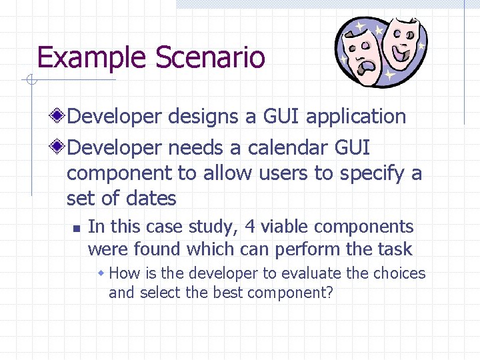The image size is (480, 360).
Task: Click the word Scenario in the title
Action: [210, 58]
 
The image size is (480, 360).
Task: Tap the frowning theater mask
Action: [361, 56]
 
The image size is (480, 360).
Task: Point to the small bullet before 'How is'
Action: [102, 273]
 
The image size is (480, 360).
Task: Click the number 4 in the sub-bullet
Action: [250, 227]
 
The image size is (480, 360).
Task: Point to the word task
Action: [394, 250]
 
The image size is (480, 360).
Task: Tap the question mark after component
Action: [329, 293]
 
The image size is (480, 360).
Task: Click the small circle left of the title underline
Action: [31, 81]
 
